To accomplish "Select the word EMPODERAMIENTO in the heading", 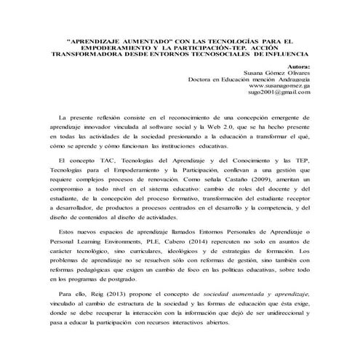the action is pyautogui.click(x=110, y=47).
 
